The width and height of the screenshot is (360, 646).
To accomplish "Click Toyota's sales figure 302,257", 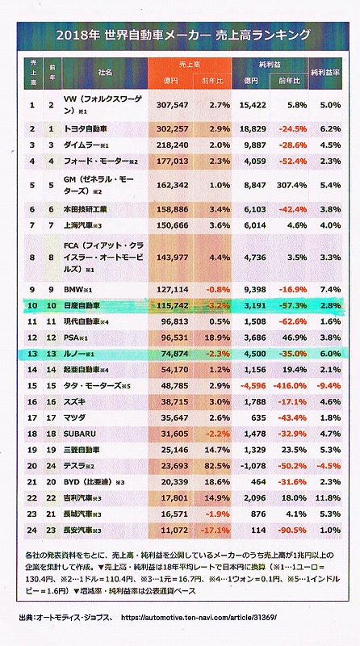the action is (x=172, y=129).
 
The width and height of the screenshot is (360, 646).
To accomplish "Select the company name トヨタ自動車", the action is (x=86, y=129).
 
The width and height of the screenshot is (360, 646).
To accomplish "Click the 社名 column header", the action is (x=105, y=72).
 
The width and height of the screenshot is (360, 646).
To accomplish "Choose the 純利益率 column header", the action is (x=326, y=73).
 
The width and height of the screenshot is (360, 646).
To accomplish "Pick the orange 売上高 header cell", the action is (x=190, y=65).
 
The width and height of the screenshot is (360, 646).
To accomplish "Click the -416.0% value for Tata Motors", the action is (x=290, y=386).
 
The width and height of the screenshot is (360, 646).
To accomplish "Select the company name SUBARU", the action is (x=80, y=434).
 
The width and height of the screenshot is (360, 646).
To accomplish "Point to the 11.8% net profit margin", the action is (x=329, y=498).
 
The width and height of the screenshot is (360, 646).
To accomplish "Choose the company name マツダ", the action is (x=74, y=417).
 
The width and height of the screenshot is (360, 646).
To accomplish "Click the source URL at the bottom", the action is (x=199, y=618).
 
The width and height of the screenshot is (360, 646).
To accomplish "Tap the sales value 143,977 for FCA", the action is (x=172, y=258).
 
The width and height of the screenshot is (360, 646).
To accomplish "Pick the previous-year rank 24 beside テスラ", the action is (x=51, y=466).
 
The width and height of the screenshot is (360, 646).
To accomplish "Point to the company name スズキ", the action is (x=74, y=401).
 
